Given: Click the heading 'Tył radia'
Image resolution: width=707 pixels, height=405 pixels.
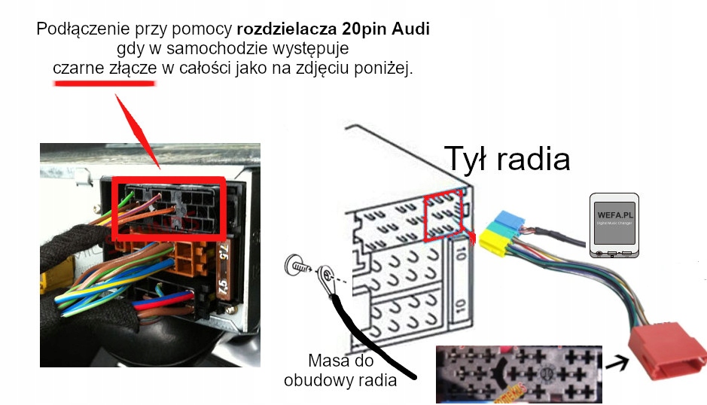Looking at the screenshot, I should (507, 158).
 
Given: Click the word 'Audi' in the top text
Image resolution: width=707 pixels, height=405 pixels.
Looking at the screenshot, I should (414, 30).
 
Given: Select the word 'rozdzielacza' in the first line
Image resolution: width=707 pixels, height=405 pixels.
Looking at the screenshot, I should (281, 30).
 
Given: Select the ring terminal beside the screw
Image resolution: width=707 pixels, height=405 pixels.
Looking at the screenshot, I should (325, 278).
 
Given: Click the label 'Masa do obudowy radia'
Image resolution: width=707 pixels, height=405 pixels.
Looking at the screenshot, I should (340, 370).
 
